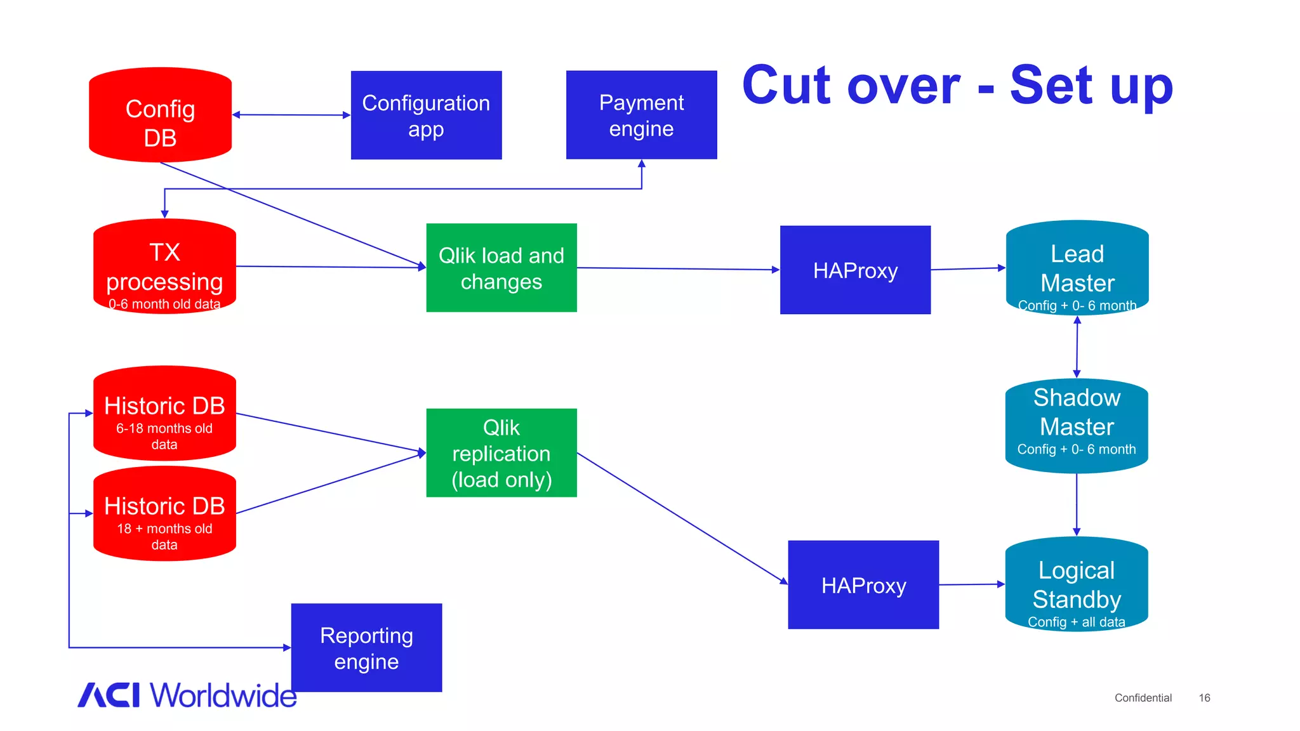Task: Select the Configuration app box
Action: (x=426, y=115)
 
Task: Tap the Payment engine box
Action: (x=641, y=115)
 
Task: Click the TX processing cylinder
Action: (x=164, y=267)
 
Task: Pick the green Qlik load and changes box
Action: (x=501, y=268)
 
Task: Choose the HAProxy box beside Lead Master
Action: (x=855, y=270)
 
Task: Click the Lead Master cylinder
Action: (x=1077, y=268)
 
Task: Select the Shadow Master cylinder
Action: (x=1077, y=426)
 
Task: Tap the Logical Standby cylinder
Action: (x=1077, y=584)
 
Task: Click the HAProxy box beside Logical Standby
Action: (x=863, y=585)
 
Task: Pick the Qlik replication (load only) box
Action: (x=501, y=453)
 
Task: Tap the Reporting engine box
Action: (x=366, y=648)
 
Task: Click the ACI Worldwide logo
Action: (x=187, y=695)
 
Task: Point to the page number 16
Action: (x=1204, y=698)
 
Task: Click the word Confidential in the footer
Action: (x=1143, y=698)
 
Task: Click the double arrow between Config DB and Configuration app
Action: (x=291, y=115)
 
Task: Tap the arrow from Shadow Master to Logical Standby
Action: (x=1077, y=504)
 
